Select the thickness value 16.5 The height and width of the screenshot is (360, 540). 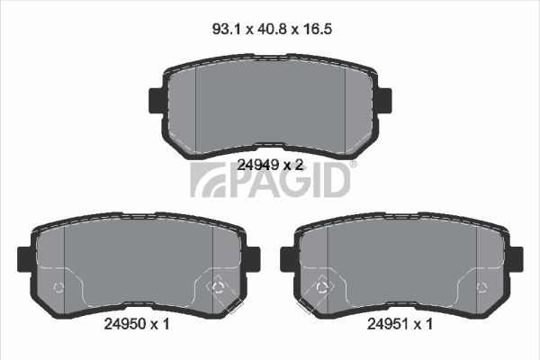pyautogui.click(x=317, y=29)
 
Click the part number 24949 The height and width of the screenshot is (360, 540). pyautogui.click(x=258, y=166)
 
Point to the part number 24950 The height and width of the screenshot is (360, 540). pyautogui.click(x=125, y=324)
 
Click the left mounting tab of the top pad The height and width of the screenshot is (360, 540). pyautogui.click(x=156, y=101)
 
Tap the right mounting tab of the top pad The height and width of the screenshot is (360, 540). pyautogui.click(x=385, y=101)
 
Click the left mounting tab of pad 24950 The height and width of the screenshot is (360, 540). pyautogui.click(x=24, y=259)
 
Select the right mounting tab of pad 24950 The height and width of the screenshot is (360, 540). pyautogui.click(x=254, y=259)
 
